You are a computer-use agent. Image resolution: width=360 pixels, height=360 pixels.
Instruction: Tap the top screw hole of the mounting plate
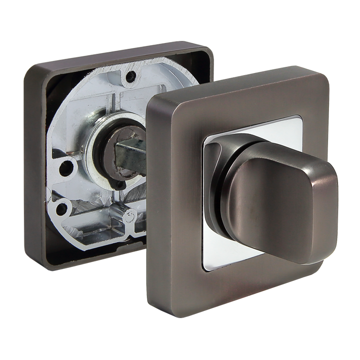(130, 77)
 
